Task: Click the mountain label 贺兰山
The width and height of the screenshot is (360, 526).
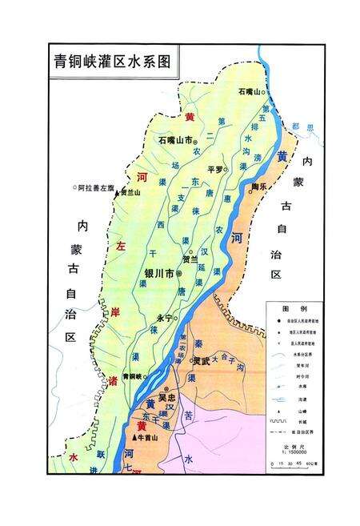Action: pyautogui.click(x=128, y=193)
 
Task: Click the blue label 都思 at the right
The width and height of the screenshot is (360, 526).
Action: pyautogui.click(x=300, y=126)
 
